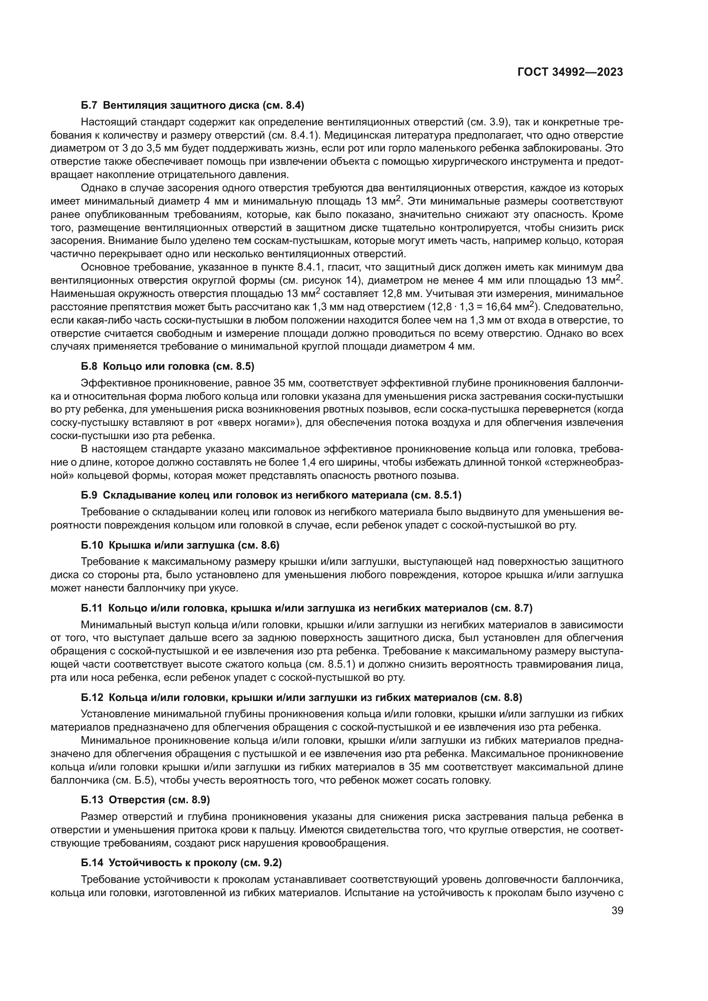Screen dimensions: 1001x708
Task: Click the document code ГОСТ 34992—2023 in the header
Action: click(x=570, y=72)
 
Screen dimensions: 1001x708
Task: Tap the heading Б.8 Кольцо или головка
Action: click(x=167, y=366)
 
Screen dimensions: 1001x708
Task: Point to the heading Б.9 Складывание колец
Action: click(x=271, y=495)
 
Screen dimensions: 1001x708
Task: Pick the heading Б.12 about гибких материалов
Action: click(x=301, y=698)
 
